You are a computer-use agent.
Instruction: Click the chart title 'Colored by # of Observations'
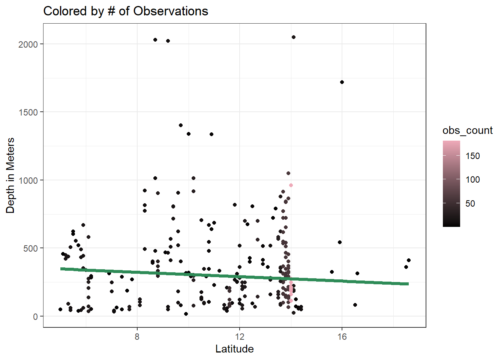[126, 11]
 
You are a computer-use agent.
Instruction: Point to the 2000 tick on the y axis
[28, 44]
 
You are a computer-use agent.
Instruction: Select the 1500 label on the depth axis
[28, 112]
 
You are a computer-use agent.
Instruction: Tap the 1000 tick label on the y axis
[28, 180]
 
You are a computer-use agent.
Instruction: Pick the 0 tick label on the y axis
[35, 316]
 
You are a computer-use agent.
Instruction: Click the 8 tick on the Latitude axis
[137, 336]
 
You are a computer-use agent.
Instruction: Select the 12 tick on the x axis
[240, 336]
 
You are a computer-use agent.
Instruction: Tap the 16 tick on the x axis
[342, 336]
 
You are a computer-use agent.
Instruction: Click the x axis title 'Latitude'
[234, 349]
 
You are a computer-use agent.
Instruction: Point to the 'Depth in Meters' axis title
[10, 175]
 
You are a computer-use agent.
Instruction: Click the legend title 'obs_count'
[467, 130]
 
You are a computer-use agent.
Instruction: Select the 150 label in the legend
[472, 156]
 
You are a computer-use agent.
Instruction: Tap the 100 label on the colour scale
[472, 180]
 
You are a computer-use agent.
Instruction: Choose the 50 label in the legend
[470, 204]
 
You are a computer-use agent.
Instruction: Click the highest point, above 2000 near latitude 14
[294, 37]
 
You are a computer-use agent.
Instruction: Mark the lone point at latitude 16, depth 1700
[342, 82]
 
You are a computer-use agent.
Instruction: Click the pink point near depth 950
[291, 185]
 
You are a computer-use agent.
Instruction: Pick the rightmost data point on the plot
[409, 260]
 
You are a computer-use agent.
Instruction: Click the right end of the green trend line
[408, 284]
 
